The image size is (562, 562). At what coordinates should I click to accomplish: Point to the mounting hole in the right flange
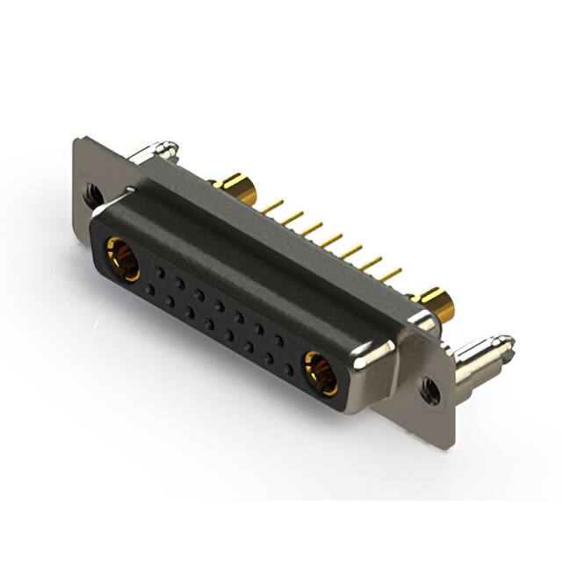point(430,390)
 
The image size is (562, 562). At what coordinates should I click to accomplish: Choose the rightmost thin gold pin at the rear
point(391,275)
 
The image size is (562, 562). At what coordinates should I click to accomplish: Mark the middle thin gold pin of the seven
point(331,240)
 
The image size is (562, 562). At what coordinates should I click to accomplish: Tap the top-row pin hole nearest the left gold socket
point(160,271)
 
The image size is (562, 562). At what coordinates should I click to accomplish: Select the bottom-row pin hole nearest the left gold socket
point(150,289)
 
